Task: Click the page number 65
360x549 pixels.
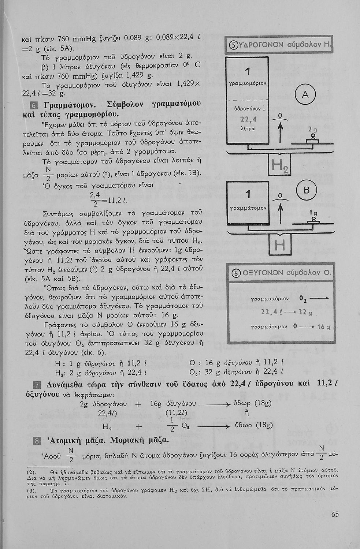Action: pyautogui.click(x=335, y=514)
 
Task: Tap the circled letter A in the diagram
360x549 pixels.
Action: pyautogui.click(x=305, y=96)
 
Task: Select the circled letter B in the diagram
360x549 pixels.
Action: pyautogui.click(x=305, y=190)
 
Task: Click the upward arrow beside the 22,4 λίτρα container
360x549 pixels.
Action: pyautogui.click(x=280, y=132)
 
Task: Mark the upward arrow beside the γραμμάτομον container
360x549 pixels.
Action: pyautogui.click(x=280, y=212)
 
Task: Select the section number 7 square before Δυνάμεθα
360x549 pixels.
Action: pyautogui.click(x=36, y=385)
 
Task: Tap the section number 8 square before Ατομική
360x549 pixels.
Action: pyautogui.click(x=36, y=440)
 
